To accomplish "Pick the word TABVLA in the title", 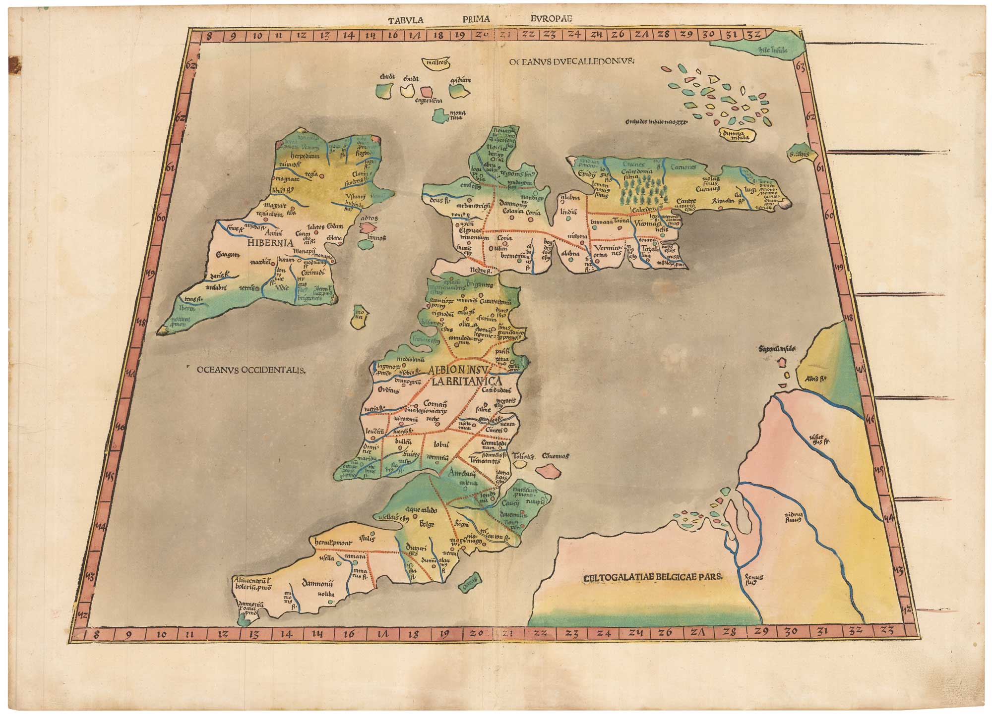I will pyautogui.click(x=405, y=20).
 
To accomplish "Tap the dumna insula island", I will pyautogui.click(x=736, y=135).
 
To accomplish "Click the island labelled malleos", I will pyautogui.click(x=435, y=63).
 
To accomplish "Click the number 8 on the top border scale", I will pyautogui.click(x=209, y=36).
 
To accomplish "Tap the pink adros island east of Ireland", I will pyautogui.click(x=368, y=227).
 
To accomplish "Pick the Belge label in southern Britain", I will pyautogui.click(x=427, y=524).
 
